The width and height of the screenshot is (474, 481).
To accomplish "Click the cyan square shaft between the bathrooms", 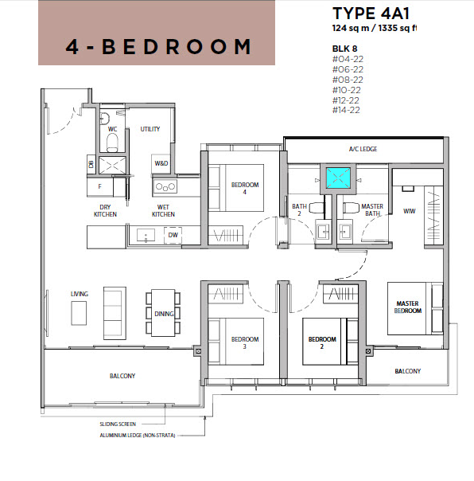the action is pyautogui.click(x=338, y=178).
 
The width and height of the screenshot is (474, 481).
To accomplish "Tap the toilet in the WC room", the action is pyautogui.click(x=112, y=143).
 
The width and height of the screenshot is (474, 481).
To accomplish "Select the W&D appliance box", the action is pyautogui.click(x=161, y=163).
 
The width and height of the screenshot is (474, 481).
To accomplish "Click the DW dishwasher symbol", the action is pyautogui.click(x=173, y=235).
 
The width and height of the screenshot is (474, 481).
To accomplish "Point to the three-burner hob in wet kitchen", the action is pyautogui.click(x=165, y=186).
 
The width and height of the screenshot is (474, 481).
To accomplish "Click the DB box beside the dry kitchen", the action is pyautogui.click(x=91, y=164).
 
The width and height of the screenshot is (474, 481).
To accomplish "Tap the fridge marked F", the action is pyautogui.click(x=100, y=186).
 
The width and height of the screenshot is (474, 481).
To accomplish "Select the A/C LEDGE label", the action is pyautogui.click(x=363, y=149).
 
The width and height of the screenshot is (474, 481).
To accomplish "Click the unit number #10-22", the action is pyautogui.click(x=347, y=90).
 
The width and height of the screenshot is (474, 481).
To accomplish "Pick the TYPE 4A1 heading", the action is pyautogui.click(x=371, y=14).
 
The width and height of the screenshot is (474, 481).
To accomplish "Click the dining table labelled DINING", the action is pyautogui.click(x=163, y=313).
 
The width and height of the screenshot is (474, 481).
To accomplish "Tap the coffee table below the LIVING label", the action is pyautogui.click(x=79, y=313).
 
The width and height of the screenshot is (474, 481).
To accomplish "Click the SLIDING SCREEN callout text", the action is pyautogui.click(x=118, y=424).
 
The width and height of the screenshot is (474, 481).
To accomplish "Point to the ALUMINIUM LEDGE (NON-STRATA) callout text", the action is pyautogui.click(x=138, y=436).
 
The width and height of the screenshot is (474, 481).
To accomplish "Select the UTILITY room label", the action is pyautogui.click(x=150, y=129).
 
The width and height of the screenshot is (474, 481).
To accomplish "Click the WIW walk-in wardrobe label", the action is pyautogui.click(x=410, y=211).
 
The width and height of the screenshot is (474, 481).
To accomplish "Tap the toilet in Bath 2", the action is pyautogui.click(x=317, y=208).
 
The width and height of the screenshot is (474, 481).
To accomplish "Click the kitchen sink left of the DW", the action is pyautogui.click(x=146, y=235).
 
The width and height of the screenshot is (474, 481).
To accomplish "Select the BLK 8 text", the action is pyautogui.click(x=344, y=49).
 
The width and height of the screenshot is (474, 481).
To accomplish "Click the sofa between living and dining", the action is pyautogui.click(x=115, y=313).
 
